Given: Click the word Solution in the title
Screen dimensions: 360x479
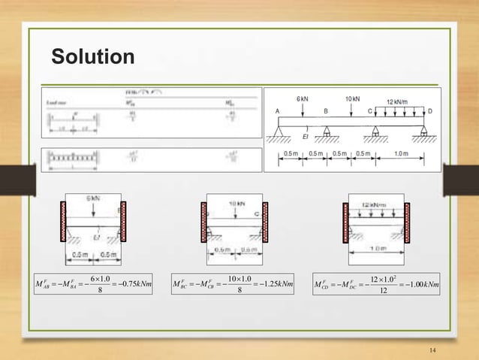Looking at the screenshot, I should [92, 56].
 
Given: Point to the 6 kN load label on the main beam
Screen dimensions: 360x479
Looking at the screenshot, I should [301, 99].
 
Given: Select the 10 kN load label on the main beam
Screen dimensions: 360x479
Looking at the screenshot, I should [351, 99].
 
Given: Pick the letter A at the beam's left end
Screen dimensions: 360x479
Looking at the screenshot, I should [277, 110].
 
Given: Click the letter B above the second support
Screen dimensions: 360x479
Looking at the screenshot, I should [326, 110].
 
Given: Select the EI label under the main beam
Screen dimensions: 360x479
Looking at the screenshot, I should [306, 137].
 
